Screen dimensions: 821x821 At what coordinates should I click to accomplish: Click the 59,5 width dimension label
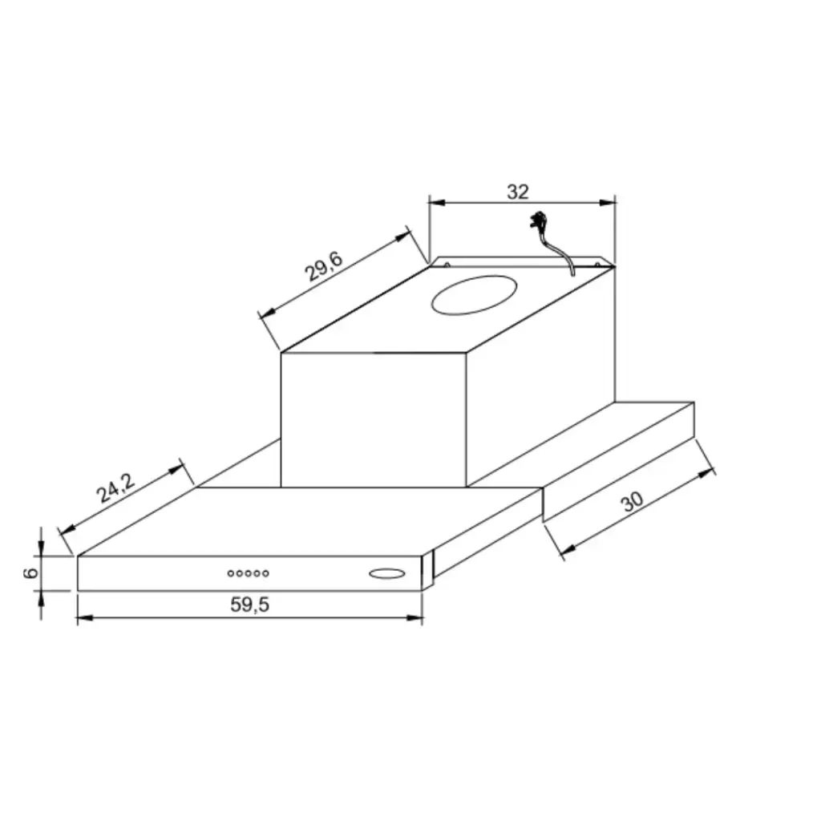click(250, 605)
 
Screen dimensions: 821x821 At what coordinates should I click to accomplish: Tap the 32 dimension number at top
click(518, 192)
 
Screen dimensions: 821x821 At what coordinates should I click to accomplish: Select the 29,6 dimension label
click(324, 266)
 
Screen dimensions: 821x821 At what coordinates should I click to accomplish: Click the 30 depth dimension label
click(632, 501)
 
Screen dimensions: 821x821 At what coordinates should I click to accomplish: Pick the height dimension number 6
click(31, 572)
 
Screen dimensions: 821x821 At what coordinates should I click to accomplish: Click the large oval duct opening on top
click(474, 295)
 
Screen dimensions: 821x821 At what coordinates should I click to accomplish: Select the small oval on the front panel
click(387, 573)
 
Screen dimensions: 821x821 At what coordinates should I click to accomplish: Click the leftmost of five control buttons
click(231, 573)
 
